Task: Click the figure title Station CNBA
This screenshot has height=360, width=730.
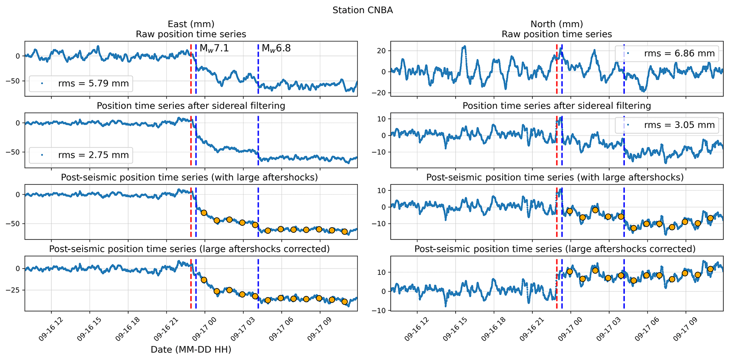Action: click(362, 10)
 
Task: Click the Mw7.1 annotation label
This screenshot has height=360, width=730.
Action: click(214, 48)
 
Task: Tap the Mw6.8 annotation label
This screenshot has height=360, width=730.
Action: click(276, 48)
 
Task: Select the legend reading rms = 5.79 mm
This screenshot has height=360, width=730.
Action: click(81, 84)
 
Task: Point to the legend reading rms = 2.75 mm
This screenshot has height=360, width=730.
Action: click(81, 155)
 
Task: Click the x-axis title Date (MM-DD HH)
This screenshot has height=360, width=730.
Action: click(191, 350)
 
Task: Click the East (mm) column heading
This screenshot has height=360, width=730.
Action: click(191, 24)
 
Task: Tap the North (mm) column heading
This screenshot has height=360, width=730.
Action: click(557, 24)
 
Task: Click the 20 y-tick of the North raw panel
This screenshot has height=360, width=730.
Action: click(382, 51)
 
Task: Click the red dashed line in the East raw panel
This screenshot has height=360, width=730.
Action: click(191, 69)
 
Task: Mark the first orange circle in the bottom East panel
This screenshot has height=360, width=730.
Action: click(204, 280)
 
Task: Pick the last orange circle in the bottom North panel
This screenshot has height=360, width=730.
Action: click(710, 269)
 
